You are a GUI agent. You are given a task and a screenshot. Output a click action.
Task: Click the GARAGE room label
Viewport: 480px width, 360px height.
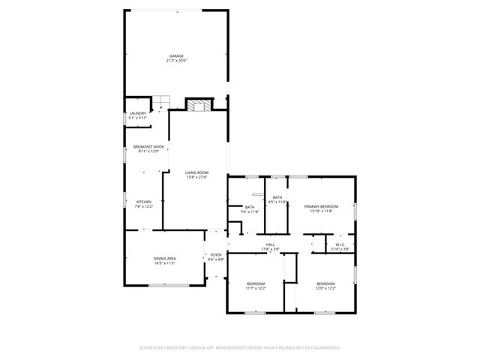176,56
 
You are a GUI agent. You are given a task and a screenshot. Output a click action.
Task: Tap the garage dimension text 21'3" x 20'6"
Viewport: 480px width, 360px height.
176,61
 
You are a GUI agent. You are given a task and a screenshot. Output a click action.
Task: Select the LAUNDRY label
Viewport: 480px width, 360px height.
137,113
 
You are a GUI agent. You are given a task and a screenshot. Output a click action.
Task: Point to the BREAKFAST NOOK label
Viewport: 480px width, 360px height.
148,146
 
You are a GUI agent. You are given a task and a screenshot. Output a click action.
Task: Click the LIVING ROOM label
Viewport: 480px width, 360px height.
196,172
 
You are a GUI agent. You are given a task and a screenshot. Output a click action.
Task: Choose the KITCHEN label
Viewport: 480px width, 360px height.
144,201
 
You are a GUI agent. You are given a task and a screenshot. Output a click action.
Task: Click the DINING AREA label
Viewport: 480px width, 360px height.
165,259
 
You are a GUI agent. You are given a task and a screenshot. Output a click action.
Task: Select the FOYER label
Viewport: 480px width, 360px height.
216,255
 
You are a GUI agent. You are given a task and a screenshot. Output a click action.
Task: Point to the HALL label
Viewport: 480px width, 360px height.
270,244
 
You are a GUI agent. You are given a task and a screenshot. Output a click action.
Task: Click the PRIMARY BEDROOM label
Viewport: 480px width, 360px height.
321,206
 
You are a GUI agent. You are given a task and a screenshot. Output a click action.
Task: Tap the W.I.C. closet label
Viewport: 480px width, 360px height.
340,244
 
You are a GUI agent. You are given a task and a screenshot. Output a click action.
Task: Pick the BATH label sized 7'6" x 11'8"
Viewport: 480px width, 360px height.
250,207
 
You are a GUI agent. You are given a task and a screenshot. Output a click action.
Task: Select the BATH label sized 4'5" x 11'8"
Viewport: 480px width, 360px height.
277,197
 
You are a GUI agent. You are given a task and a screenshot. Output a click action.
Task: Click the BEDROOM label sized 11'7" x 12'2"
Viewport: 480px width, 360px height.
256,283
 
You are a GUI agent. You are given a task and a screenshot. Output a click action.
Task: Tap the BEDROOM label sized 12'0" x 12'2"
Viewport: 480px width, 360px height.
325,283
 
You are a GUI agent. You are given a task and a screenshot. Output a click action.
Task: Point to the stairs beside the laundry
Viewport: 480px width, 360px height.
163,101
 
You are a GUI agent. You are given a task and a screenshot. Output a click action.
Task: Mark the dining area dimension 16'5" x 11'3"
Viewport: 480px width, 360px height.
165,263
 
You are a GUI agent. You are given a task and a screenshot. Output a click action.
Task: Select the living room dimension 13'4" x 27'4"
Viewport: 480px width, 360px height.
196,177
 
